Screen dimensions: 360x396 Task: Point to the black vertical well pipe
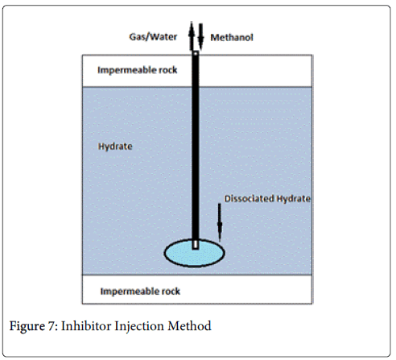(x=195, y=145)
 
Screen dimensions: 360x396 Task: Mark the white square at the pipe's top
(x=195, y=54)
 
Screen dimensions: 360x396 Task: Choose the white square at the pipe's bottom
(x=195, y=243)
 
